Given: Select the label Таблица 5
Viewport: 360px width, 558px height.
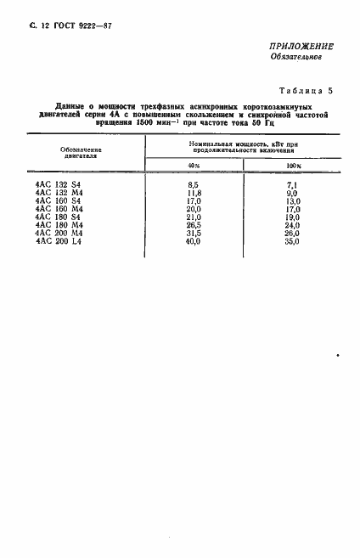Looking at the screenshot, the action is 309,90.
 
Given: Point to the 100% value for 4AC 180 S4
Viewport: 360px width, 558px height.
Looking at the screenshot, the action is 294,217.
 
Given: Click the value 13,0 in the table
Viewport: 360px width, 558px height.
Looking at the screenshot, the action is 294,200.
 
